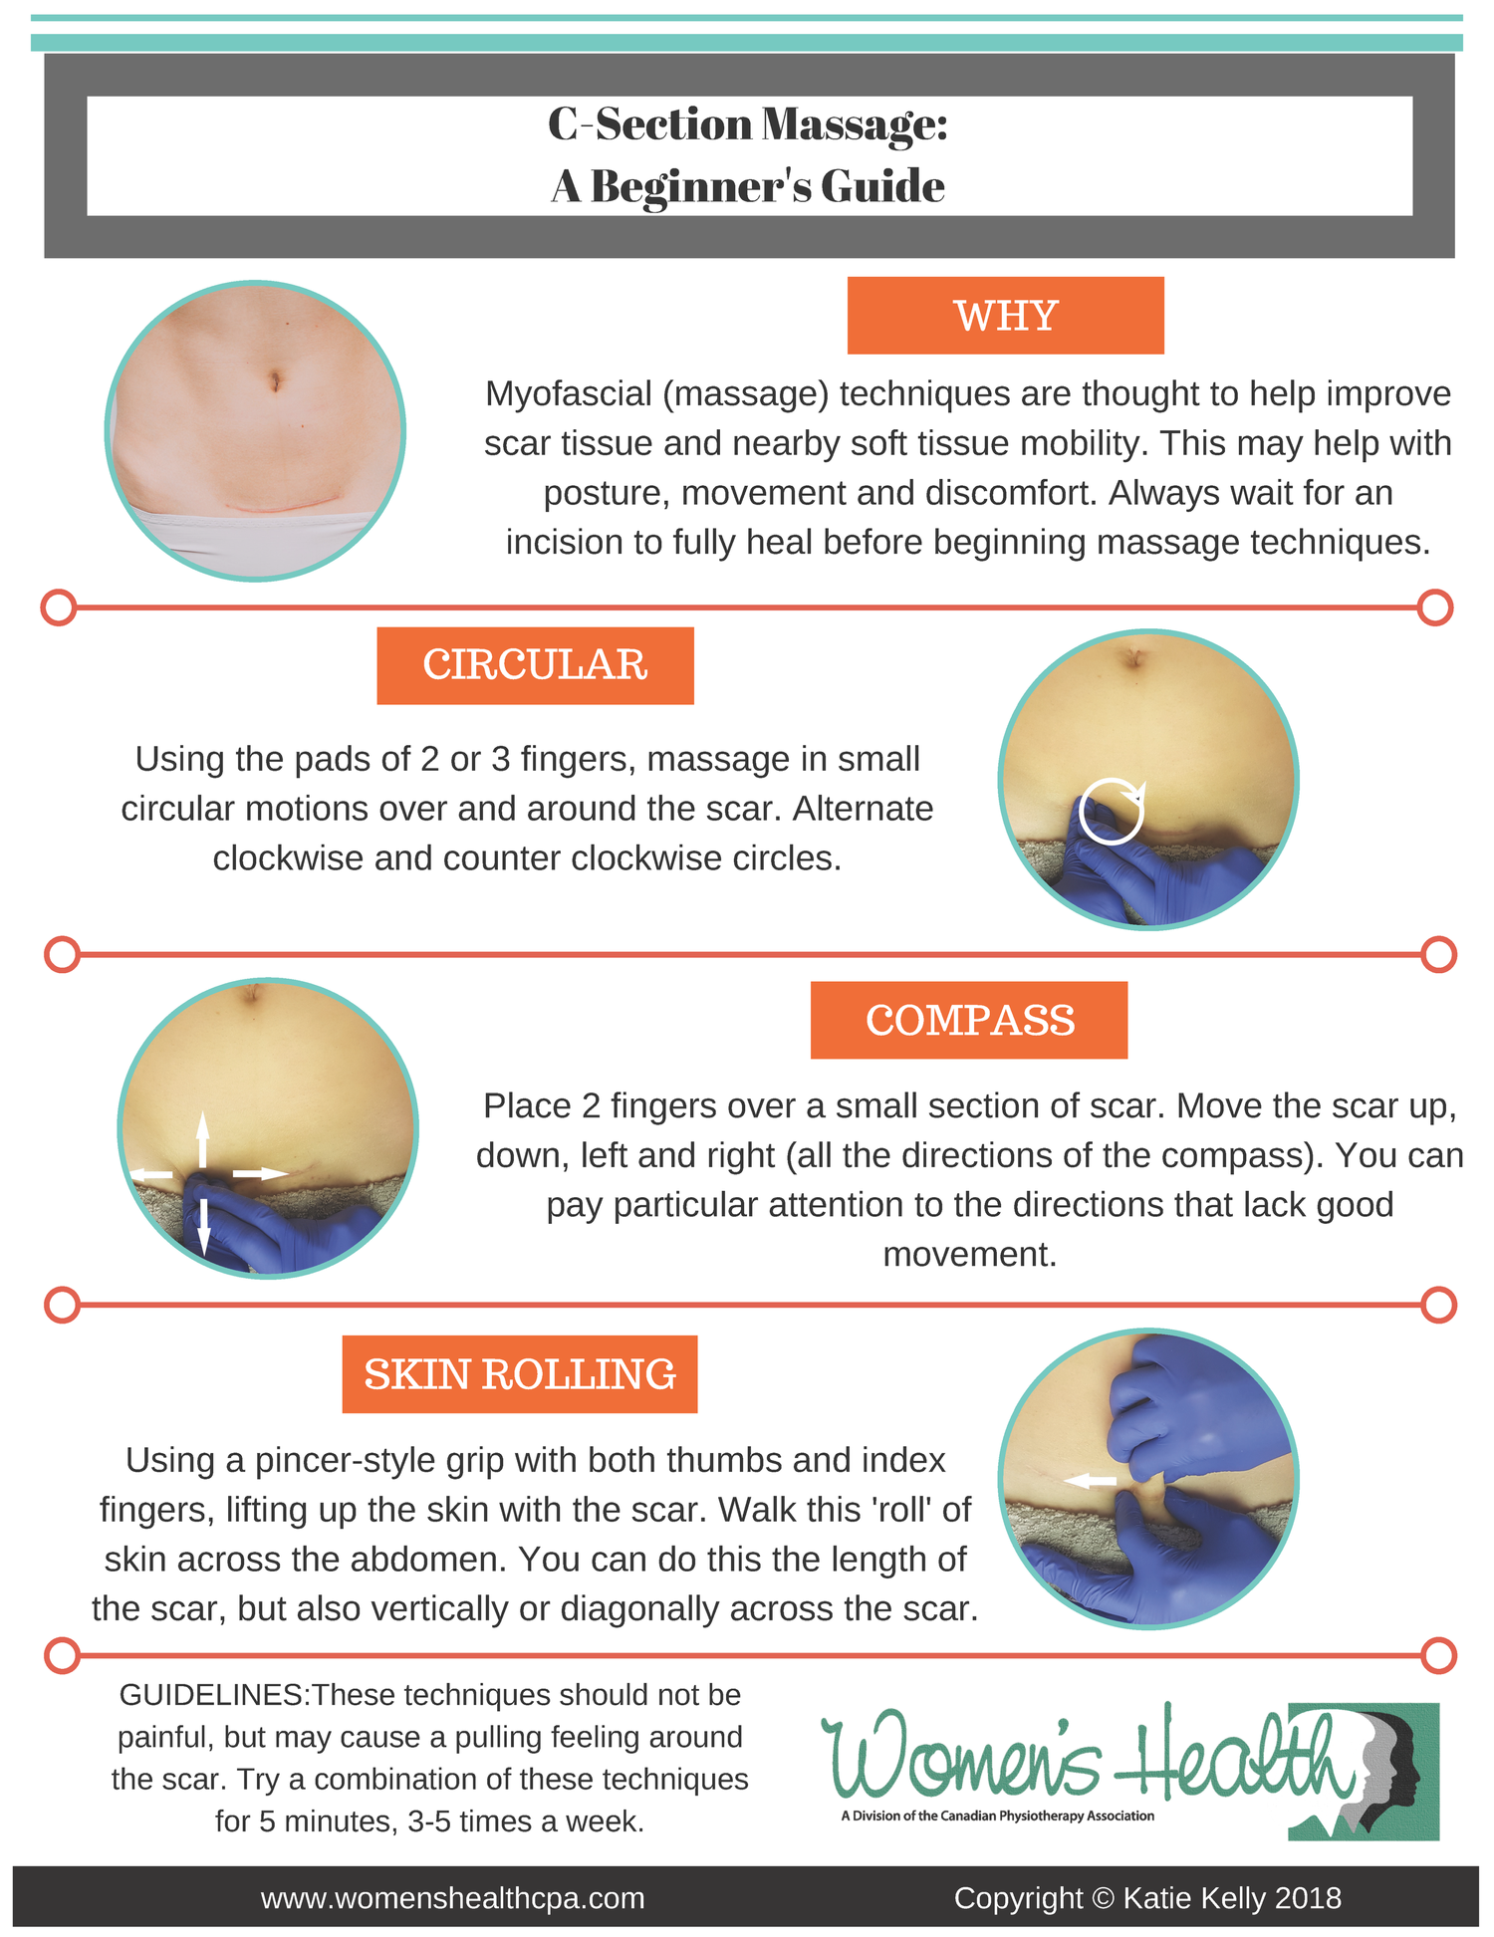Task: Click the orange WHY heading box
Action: (1005, 316)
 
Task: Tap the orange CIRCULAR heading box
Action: (535, 665)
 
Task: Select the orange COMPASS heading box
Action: (968, 1020)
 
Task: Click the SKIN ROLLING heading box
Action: (519, 1374)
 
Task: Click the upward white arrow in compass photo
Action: (202, 1138)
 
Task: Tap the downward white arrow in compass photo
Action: (202, 1225)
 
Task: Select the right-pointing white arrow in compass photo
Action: (259, 1174)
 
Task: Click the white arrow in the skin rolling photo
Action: (1091, 1482)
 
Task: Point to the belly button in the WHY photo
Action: (274, 379)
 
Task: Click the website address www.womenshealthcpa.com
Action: (452, 1898)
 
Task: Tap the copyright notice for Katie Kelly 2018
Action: (1147, 1898)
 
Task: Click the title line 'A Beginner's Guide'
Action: (748, 186)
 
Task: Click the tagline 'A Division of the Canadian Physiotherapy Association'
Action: (997, 1816)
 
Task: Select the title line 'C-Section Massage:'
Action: (748, 124)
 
